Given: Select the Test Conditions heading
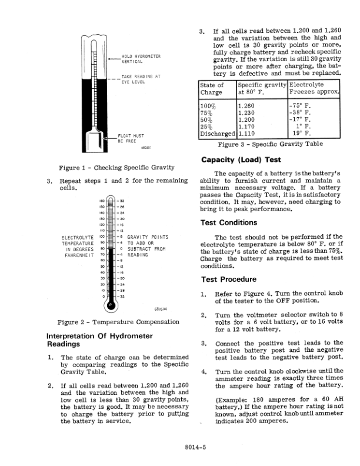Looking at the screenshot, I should click(229, 222).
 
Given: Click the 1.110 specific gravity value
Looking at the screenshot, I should click(247, 134).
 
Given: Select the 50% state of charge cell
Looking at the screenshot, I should click(207, 120).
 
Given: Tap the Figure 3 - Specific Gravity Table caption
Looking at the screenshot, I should click(271, 144).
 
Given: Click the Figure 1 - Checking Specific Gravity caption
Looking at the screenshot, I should click(114, 167).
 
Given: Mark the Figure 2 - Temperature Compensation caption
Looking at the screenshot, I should click(118, 322).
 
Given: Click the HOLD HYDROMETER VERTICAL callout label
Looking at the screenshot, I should click(141, 59).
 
